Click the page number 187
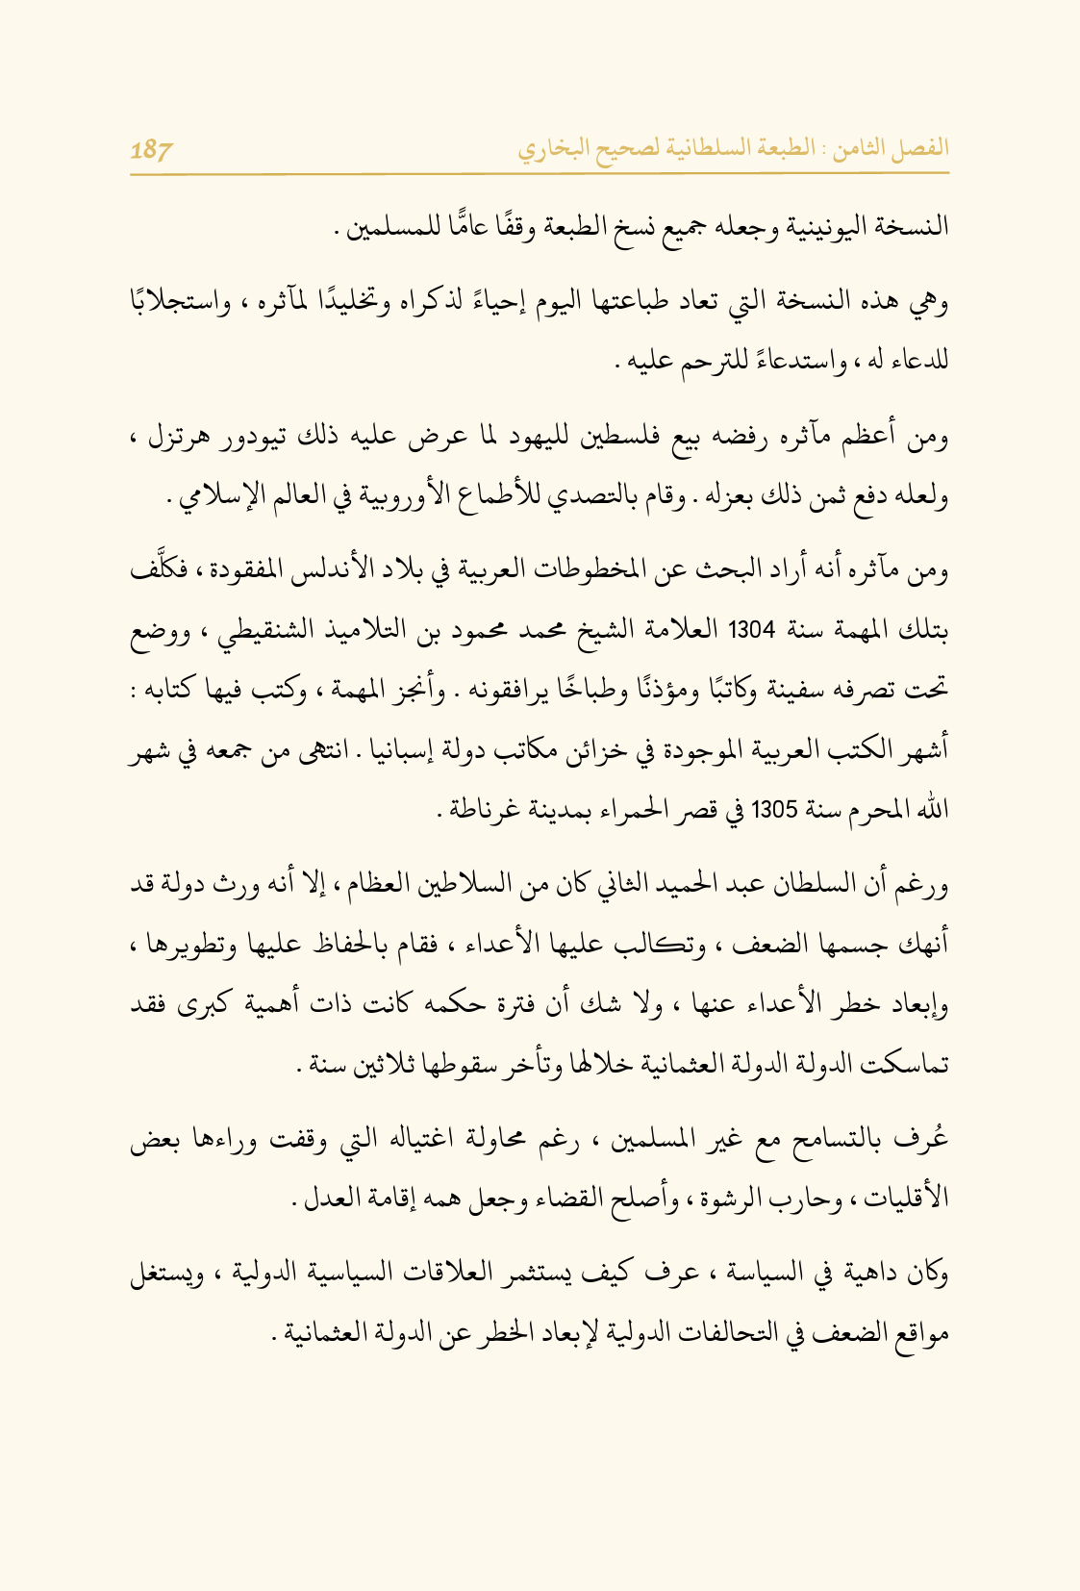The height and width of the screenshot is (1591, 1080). [152, 150]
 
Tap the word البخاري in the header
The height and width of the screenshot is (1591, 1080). [553, 150]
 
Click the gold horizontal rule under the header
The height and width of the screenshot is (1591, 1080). [540, 174]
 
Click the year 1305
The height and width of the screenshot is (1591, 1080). [775, 810]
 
